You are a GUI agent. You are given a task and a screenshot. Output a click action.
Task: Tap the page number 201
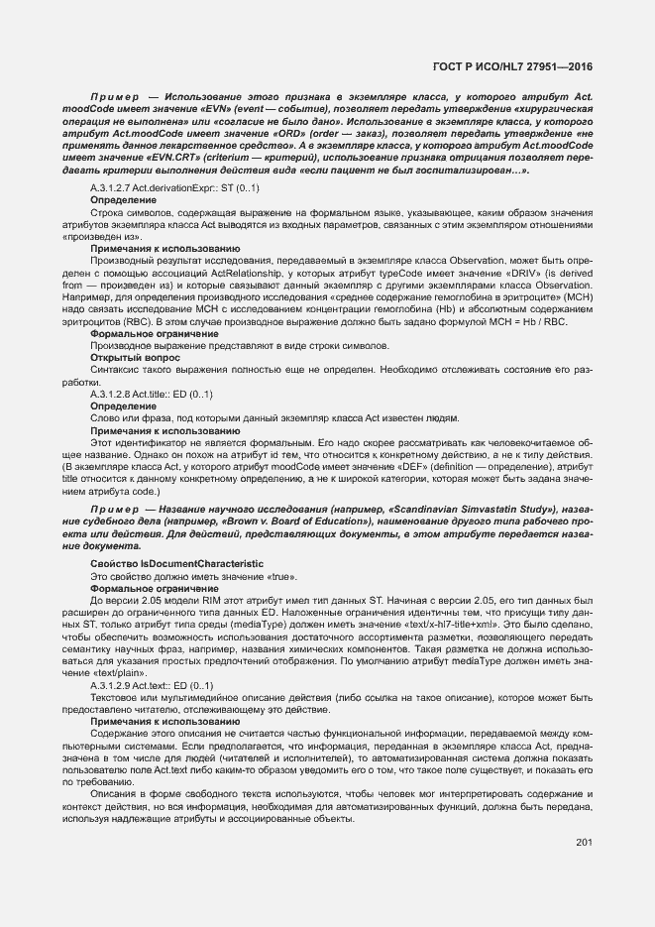pos(583,843)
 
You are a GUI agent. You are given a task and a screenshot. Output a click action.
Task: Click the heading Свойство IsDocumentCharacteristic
pos(176,563)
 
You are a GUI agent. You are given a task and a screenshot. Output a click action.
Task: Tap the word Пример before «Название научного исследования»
pos(114,509)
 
